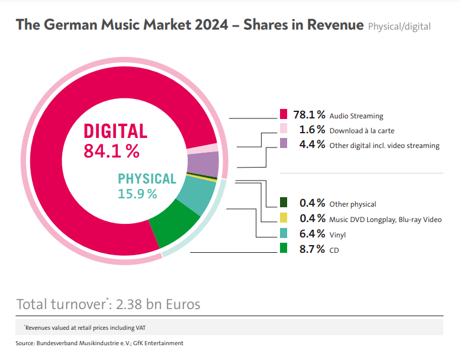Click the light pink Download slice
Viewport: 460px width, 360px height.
[202, 149]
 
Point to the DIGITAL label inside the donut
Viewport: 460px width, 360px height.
[115, 131]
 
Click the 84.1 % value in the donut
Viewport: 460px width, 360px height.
[112, 152]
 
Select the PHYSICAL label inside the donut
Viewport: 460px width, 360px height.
[147, 179]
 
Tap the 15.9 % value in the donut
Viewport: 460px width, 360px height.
[137, 194]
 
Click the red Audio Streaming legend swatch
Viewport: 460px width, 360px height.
[284, 115]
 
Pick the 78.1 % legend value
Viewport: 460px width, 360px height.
[309, 115]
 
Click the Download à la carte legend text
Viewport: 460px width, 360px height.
[362, 130]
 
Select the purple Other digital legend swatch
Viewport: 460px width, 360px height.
[284, 144]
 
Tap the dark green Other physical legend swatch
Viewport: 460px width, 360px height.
[284, 202]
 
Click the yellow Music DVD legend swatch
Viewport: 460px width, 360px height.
[284, 218]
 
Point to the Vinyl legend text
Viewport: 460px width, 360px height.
[337, 235]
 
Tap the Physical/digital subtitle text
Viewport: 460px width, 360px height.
[398, 27]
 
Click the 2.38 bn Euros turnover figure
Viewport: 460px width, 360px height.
[158, 304]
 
